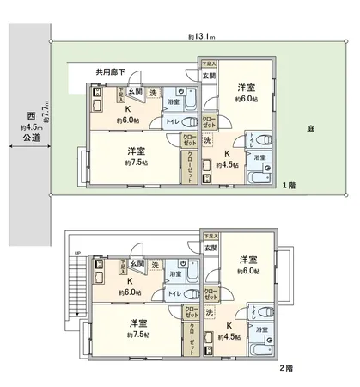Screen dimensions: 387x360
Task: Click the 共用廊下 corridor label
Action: pos(112,72)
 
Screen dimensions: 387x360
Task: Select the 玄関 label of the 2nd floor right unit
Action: pos(211,249)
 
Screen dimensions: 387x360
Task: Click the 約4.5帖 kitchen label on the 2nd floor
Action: pos(229,336)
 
